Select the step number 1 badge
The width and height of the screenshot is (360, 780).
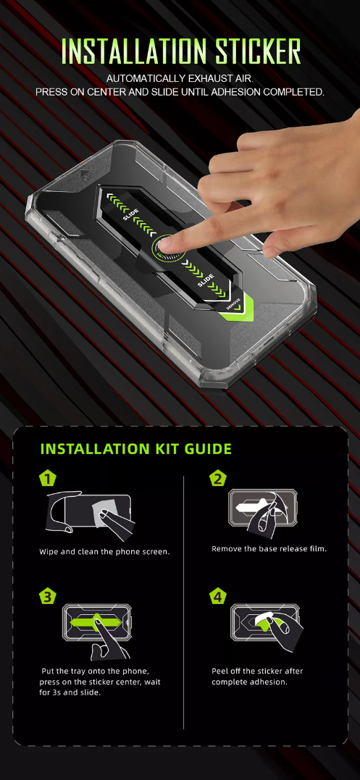pos(47,479)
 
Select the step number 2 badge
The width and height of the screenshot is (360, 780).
pos(218,479)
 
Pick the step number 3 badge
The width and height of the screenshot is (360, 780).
pos(47,597)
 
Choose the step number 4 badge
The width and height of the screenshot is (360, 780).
pos(218,597)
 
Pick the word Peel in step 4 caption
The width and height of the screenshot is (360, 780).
pos(219,671)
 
